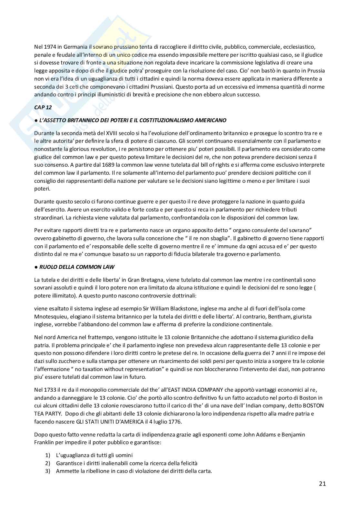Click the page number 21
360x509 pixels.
pos(322,484)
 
